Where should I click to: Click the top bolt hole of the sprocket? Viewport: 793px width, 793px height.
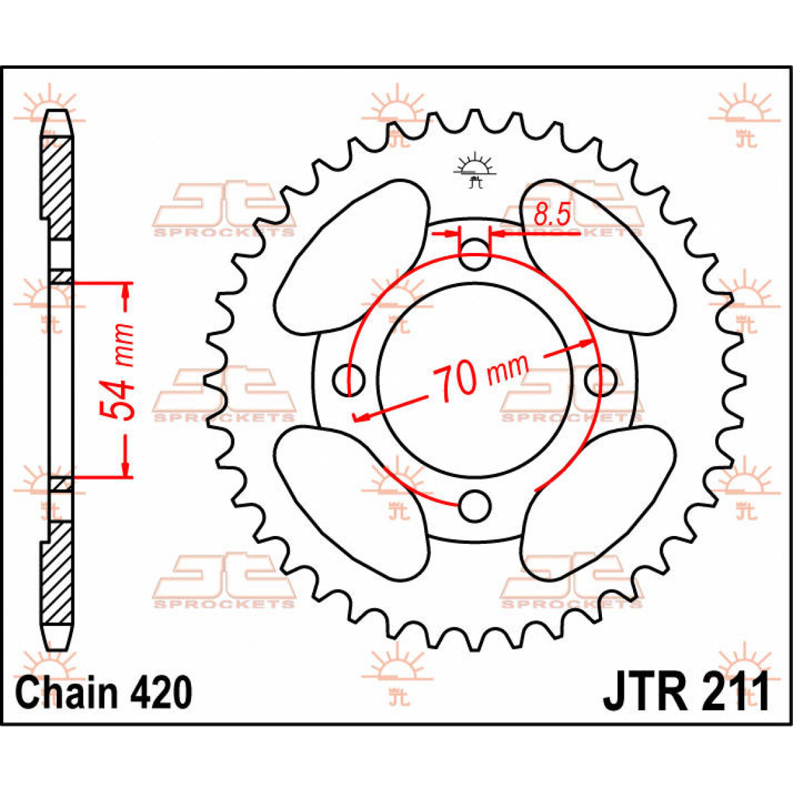pos(474,254)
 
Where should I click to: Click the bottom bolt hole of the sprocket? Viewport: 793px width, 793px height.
pos(474,506)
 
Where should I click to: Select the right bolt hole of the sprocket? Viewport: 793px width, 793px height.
pos(600,381)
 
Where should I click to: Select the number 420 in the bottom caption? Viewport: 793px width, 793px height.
pos(159,693)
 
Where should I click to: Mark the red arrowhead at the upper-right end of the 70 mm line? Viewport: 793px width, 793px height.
pos(585,342)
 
